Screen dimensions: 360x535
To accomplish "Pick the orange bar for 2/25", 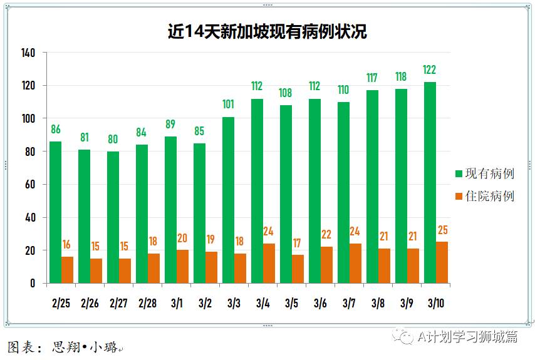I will pyautogui.click(x=67, y=270).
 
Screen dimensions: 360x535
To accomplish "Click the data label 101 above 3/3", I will pyautogui.click(x=228, y=105).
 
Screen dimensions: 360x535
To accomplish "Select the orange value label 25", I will pyautogui.click(x=442, y=230).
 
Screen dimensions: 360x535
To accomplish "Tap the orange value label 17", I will pyautogui.click(x=298, y=243).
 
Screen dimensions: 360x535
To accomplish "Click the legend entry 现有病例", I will pyautogui.click(x=484, y=173).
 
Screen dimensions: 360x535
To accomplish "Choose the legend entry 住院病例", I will pyautogui.click(x=484, y=196).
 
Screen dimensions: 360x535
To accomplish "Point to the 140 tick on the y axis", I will pyautogui.click(x=28, y=53).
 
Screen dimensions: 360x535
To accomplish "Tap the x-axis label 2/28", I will pyautogui.click(x=147, y=304).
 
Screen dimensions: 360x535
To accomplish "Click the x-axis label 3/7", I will pyautogui.click(x=349, y=304).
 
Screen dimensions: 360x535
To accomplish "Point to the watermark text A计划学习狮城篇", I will pyautogui.click(x=467, y=337).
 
